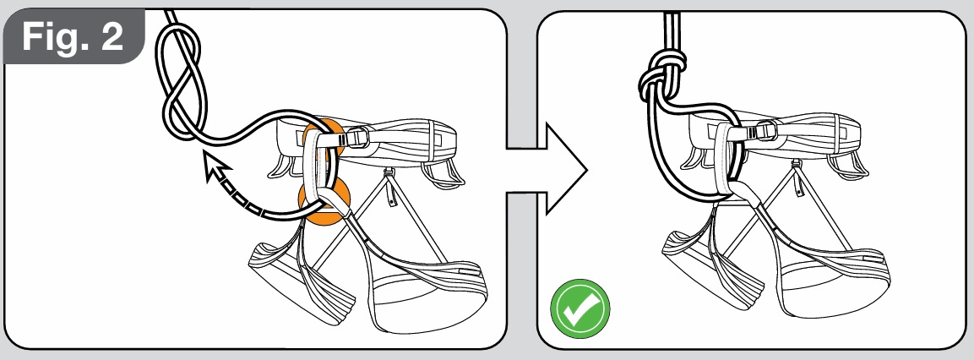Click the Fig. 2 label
pos(73,36)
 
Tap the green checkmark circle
pos(580,308)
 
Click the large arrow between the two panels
pos(547,169)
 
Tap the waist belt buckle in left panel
pos(360,137)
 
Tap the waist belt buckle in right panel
pos(765,132)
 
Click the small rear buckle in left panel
pos(389,188)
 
